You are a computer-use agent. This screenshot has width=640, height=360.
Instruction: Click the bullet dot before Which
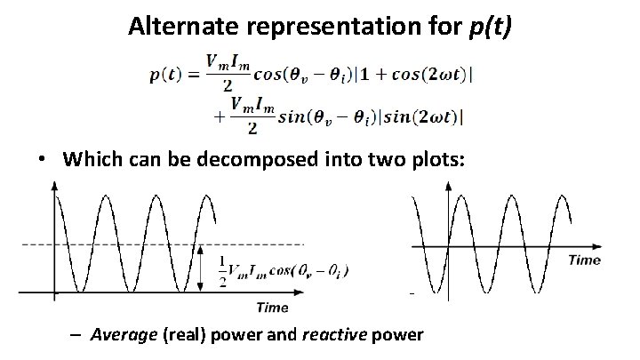pos(42,162)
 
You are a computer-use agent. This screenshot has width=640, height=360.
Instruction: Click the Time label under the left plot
pos(273,308)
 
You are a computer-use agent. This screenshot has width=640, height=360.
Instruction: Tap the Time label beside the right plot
pos(583,260)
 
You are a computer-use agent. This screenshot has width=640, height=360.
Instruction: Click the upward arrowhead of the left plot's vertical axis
pos(56,186)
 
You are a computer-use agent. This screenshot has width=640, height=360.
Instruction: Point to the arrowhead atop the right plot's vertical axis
pos(449,186)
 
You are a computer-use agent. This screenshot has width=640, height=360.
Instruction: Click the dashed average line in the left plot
pos(267,244)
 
